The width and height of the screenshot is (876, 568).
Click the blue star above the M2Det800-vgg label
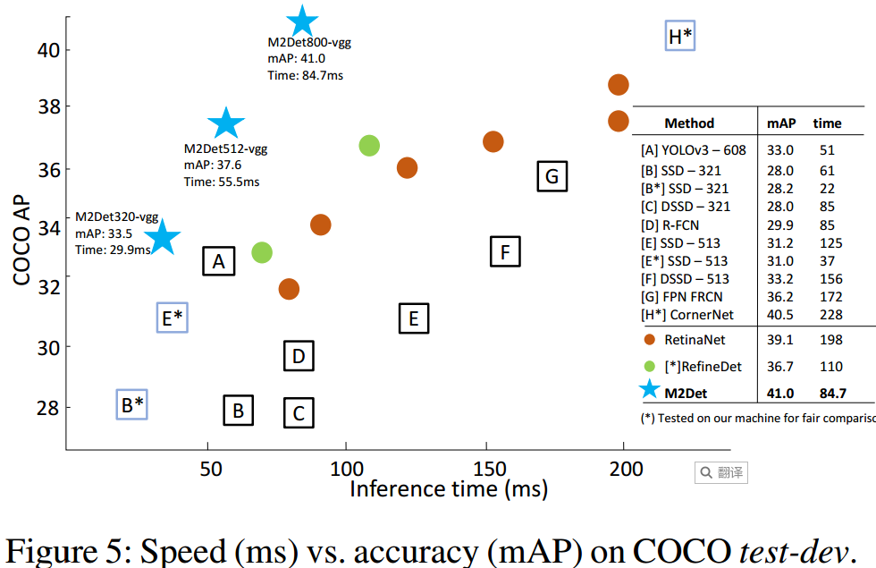click(302, 21)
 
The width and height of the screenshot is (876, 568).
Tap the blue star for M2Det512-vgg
click(226, 124)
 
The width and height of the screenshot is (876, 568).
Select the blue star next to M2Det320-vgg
click(162, 238)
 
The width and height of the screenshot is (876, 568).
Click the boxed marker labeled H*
click(680, 37)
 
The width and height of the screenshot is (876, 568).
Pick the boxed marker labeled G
click(552, 177)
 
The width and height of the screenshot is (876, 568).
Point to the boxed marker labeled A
click(218, 261)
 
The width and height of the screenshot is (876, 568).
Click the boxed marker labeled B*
click(132, 405)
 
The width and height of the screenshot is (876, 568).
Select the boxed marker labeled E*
click(172, 318)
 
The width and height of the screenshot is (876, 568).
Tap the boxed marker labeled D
click(299, 357)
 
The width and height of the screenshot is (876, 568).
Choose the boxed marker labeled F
click(505, 252)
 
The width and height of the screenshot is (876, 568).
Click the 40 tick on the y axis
click(49, 49)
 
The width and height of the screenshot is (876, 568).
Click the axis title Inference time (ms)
click(449, 489)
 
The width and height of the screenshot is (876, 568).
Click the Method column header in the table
click(689, 123)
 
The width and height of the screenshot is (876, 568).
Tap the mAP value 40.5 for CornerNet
click(779, 315)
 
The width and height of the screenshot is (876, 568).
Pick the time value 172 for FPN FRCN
click(826, 296)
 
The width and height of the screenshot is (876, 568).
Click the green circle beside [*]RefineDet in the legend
click(651, 366)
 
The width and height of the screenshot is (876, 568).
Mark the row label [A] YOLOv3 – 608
click(693, 150)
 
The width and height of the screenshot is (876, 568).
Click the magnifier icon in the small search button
click(706, 472)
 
